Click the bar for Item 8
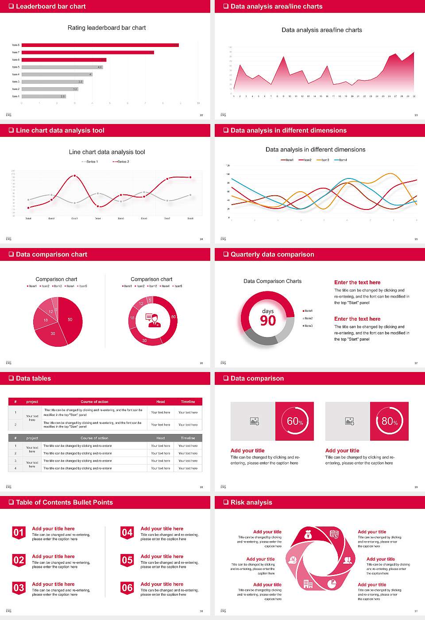100,45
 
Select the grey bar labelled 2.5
43,96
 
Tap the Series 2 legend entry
121,162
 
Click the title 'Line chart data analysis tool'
107,152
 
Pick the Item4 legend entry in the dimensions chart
340,160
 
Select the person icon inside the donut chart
153,320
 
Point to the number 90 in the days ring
268,321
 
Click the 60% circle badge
295,421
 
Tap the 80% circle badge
390,421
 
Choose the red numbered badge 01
19,533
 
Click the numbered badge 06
127,588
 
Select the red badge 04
127,533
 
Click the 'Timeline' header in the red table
188,402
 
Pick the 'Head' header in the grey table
160,438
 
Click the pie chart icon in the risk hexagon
332,584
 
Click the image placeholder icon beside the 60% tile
254,421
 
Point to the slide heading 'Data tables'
33,378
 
